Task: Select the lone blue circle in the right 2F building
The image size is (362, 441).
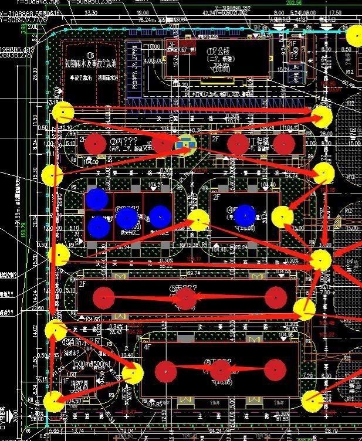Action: [245, 216]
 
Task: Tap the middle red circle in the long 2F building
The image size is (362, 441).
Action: [186, 299]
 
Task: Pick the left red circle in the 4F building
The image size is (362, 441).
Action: [166, 371]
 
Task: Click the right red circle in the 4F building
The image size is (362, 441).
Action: [275, 370]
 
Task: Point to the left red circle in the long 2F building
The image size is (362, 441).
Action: [104, 298]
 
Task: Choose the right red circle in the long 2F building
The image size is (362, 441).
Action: [275, 297]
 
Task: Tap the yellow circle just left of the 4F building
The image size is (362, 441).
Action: [133, 374]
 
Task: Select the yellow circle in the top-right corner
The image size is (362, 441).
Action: [354, 36]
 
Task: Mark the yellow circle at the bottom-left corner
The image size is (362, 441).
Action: [54, 402]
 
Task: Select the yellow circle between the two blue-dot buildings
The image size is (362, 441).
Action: [199, 220]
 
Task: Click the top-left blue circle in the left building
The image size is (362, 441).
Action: [97, 199]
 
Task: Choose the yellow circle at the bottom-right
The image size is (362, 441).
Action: [313, 401]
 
